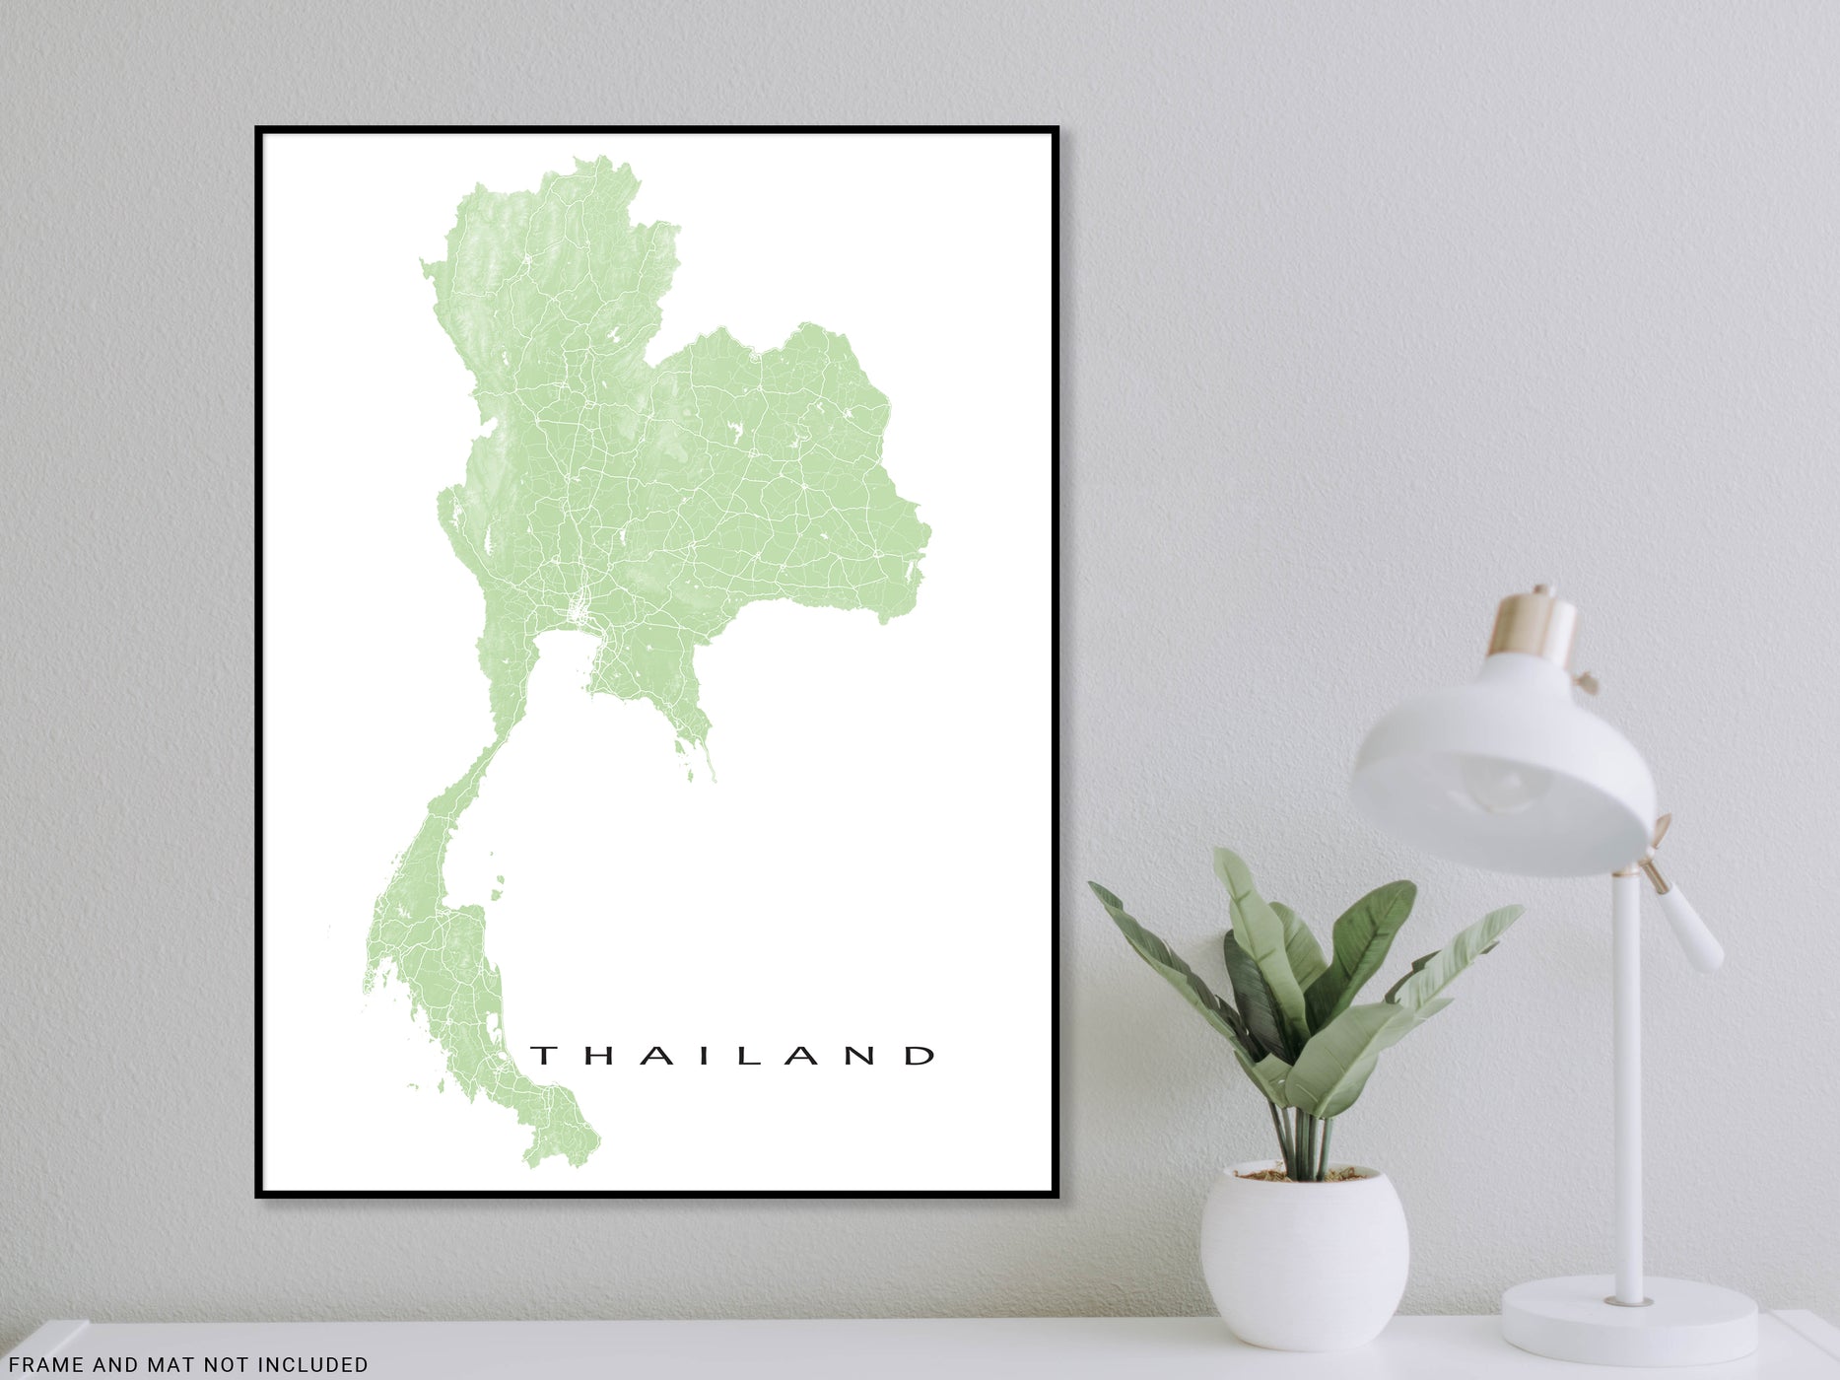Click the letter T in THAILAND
click(542, 1056)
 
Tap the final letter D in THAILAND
click(922, 1056)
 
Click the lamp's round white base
click(1629, 1322)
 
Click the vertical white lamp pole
click(1627, 1084)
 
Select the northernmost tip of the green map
click(598, 157)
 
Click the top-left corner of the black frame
click(259, 130)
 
